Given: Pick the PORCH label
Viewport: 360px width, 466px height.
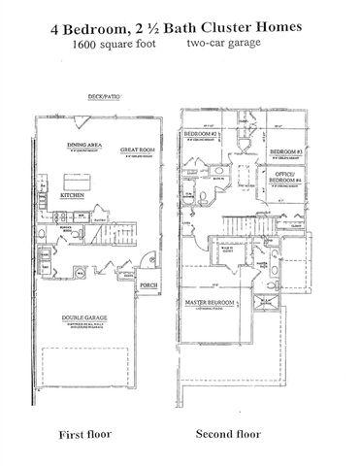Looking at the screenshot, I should pos(149,284).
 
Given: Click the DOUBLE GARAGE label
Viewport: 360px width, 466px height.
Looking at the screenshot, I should pos(86,316).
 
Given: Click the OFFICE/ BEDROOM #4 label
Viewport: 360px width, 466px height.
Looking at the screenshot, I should pos(285,178).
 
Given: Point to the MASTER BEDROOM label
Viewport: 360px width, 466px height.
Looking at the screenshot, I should pos(212,304).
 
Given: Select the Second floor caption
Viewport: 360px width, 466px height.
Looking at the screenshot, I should pos(226,433).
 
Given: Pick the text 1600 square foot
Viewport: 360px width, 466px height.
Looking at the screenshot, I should pos(109,45).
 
